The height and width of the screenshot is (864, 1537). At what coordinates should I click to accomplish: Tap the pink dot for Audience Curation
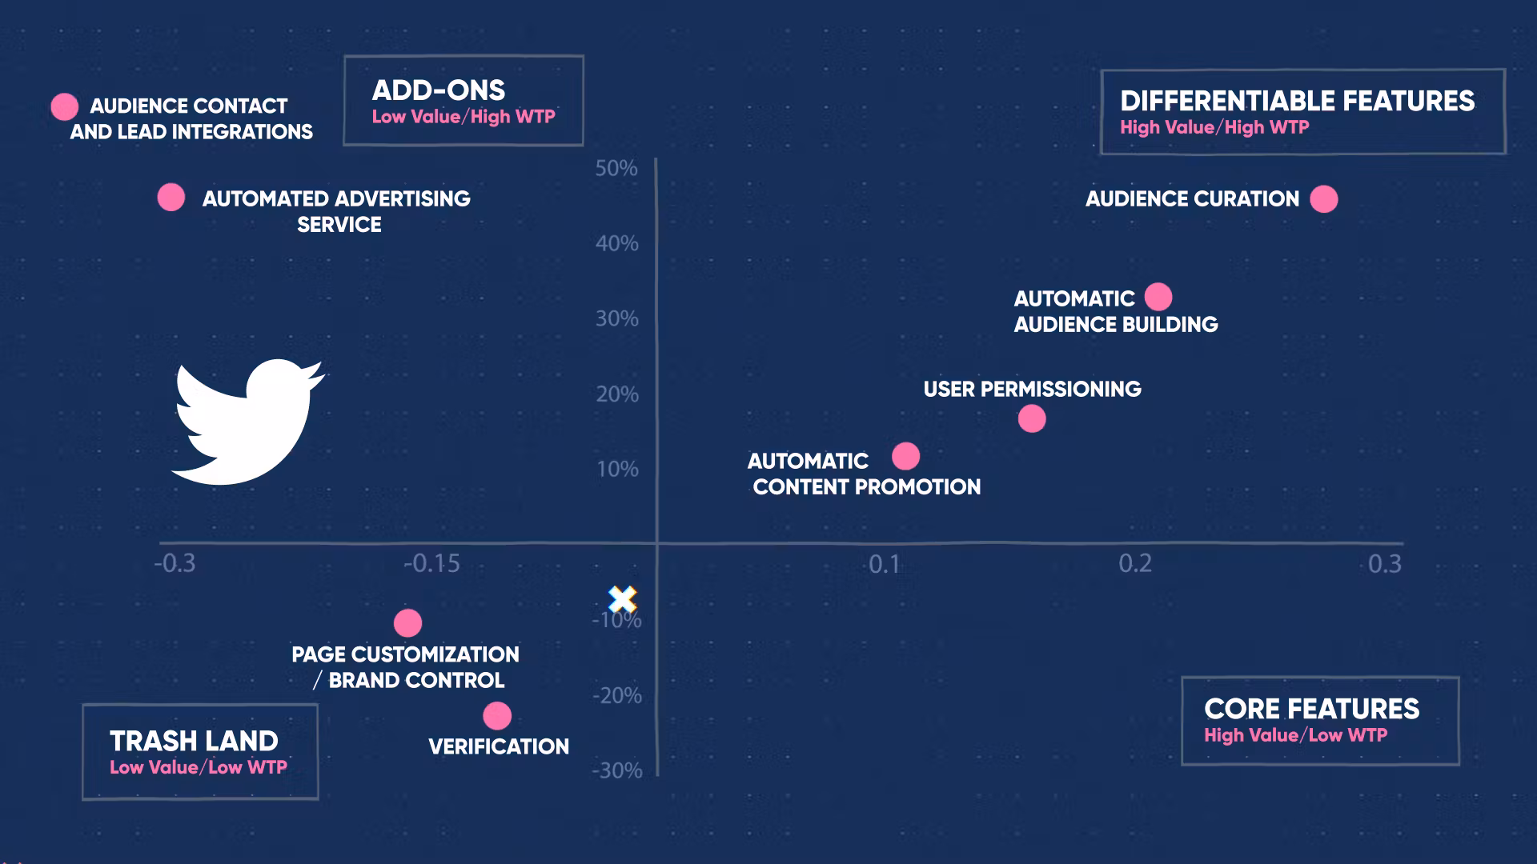coord(1323,199)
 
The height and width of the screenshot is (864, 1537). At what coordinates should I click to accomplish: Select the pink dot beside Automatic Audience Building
coord(1158,297)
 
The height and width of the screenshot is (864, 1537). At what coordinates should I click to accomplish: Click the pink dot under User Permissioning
coord(1032,418)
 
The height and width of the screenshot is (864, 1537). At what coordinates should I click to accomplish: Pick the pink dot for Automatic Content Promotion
coord(905,457)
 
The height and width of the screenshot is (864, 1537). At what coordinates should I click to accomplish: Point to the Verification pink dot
coord(497,716)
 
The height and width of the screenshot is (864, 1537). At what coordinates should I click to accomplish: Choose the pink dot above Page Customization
coord(407,623)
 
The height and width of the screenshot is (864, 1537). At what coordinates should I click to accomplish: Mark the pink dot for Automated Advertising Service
coord(171,197)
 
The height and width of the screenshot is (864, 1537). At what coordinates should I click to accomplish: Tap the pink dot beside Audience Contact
coord(65,106)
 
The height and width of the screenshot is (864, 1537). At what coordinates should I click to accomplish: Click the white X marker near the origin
coord(622,599)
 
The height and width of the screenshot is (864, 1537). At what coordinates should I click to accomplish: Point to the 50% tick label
coord(616,169)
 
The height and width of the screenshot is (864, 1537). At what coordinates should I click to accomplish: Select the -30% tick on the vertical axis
coord(616,770)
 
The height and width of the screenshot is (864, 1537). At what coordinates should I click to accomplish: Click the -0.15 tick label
coord(431,564)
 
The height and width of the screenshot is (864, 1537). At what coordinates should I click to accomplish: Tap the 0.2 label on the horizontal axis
coord(1135,564)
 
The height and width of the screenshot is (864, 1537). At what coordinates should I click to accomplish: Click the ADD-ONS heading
coord(439,90)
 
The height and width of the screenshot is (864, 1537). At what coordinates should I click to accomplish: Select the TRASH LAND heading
coord(194,741)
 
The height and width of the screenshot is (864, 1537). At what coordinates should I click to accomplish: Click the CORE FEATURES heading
coord(1311,709)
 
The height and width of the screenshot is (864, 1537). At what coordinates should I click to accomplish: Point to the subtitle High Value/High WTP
coord(1214,127)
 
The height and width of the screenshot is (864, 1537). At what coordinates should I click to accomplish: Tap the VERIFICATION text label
coord(499,746)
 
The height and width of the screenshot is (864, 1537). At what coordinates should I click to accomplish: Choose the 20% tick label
coord(616,394)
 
